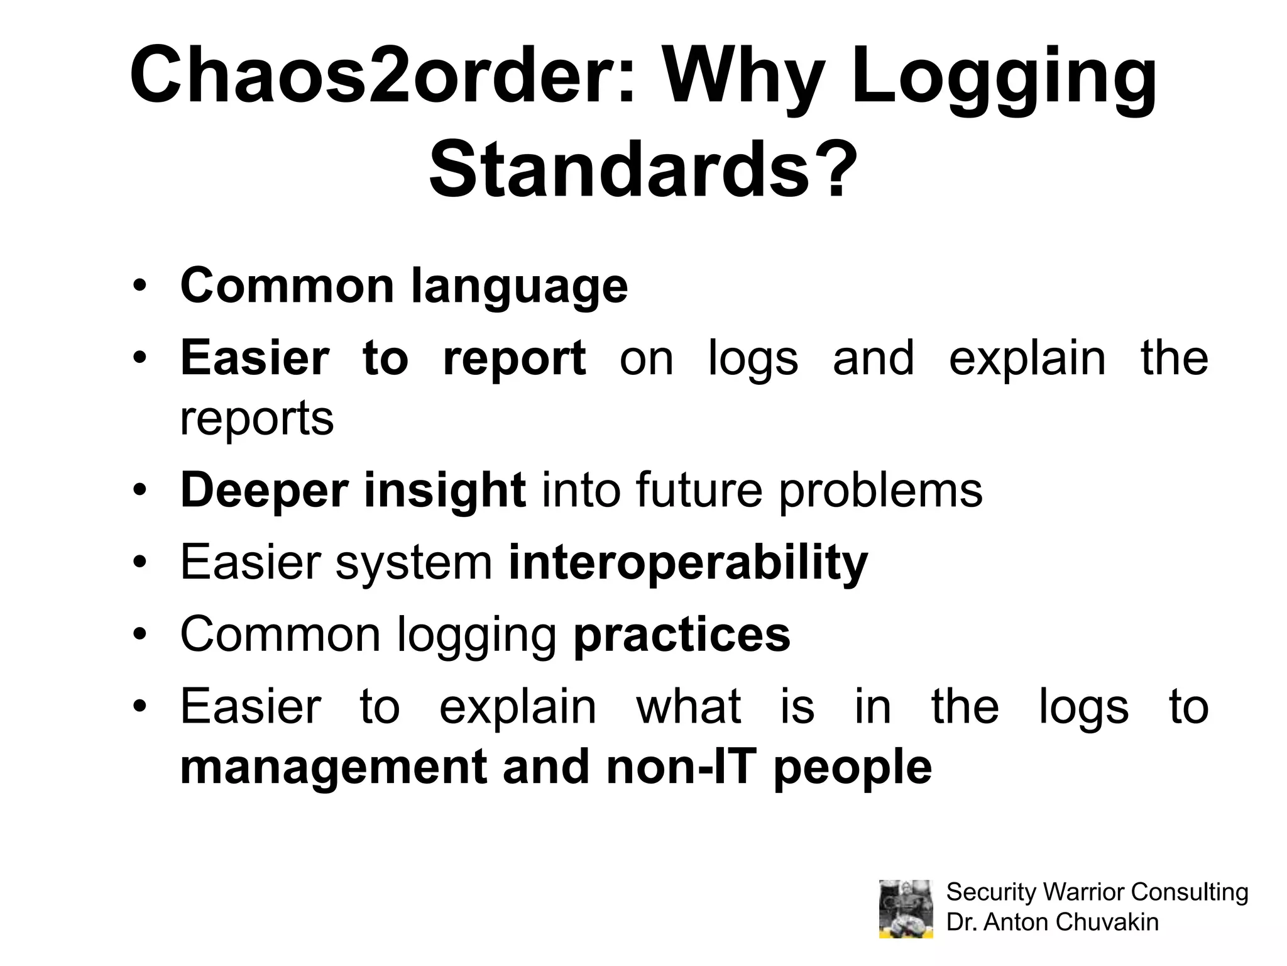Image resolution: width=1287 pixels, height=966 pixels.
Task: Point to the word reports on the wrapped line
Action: (256, 419)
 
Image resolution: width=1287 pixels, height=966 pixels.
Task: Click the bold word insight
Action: (444, 491)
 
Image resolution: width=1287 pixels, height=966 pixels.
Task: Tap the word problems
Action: (880, 491)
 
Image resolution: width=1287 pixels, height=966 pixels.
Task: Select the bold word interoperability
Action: (688, 562)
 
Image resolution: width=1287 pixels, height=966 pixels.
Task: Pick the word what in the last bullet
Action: (689, 706)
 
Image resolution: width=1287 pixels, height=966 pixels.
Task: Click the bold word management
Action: (333, 767)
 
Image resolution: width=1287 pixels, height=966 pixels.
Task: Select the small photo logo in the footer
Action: (906, 909)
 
